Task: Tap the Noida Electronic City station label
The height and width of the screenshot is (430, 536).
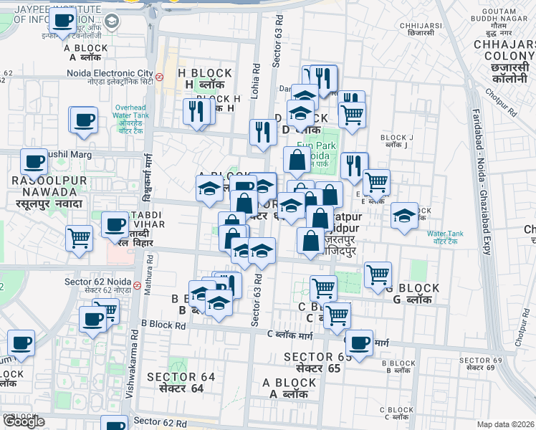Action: [x=110, y=74]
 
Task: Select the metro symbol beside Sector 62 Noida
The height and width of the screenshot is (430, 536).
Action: [x=136, y=285]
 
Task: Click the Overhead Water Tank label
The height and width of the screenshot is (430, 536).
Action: [x=132, y=114]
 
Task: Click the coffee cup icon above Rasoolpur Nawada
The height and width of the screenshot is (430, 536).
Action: [x=34, y=163]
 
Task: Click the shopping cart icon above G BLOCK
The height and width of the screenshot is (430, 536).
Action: [x=378, y=275]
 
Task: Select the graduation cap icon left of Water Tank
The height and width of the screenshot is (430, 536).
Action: [x=405, y=217]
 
